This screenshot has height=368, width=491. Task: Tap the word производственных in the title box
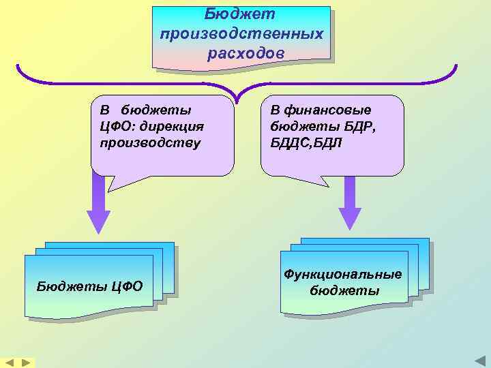[241, 33]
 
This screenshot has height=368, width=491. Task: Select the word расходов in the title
[242, 52]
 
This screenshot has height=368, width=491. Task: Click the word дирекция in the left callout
[171, 126]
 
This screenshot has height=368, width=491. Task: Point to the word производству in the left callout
[150, 142]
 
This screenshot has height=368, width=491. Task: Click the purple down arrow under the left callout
[98, 204]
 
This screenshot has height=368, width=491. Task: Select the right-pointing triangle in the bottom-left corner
[26, 363]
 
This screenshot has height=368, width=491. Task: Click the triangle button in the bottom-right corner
[479, 361]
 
